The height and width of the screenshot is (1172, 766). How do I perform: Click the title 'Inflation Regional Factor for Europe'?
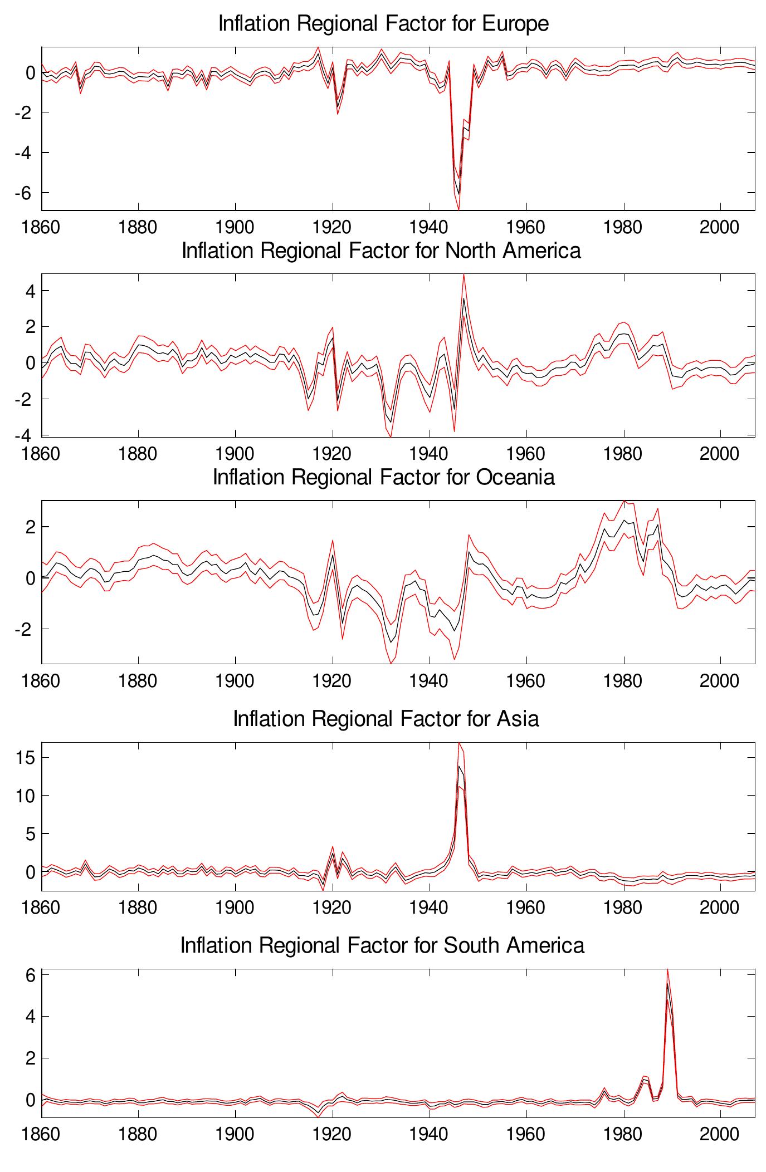[383, 24]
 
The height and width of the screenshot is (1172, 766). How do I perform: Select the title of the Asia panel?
[386, 718]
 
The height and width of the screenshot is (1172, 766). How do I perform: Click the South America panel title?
[382, 945]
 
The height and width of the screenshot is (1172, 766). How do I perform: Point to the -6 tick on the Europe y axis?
[26, 193]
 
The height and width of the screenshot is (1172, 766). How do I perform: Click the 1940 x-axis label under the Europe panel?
[429, 228]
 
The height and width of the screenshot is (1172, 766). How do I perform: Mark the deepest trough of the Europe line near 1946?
[458, 193]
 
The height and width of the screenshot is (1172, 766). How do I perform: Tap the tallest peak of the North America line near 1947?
[463, 298]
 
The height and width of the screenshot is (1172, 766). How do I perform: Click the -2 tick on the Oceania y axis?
[26, 629]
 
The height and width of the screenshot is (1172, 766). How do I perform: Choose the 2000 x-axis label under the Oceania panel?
[720, 681]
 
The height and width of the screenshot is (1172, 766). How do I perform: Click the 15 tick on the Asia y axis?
[26, 758]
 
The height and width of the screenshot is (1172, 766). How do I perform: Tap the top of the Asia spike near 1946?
[459, 766]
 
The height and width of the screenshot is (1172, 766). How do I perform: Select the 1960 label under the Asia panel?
[526, 908]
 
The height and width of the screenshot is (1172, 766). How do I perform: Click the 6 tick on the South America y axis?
[31, 975]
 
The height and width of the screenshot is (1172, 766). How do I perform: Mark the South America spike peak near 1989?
[667, 983]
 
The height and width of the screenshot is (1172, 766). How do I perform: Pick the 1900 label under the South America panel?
[235, 1134]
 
